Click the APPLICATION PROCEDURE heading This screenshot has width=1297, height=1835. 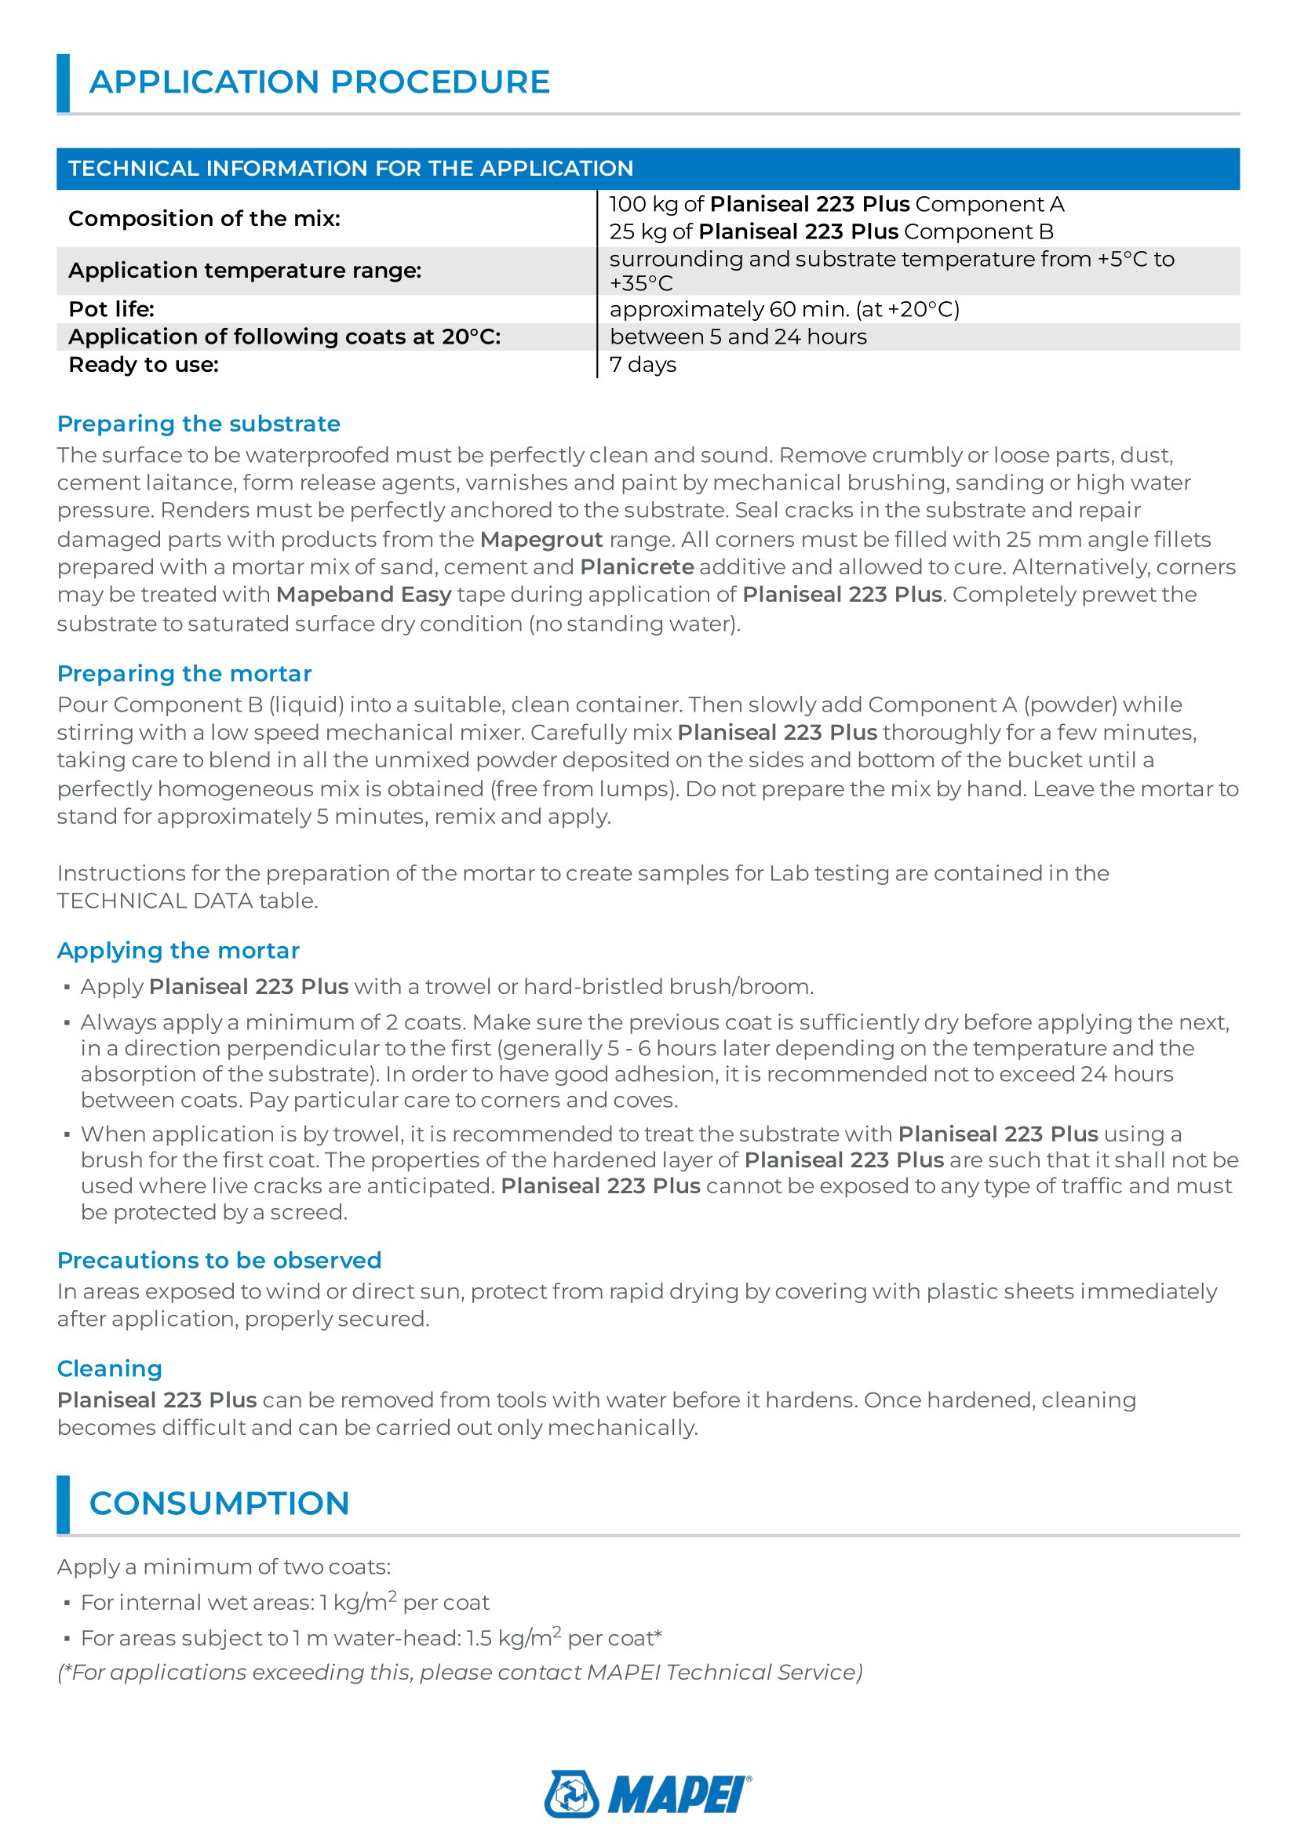[x=319, y=82]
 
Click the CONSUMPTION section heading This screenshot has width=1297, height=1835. [x=219, y=1503]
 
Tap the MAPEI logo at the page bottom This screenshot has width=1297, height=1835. [x=647, y=1793]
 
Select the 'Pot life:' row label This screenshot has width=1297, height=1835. [x=111, y=309]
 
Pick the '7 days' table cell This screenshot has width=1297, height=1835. [x=643, y=365]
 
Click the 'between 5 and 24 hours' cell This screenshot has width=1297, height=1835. [x=738, y=337]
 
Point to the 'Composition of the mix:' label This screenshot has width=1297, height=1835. [x=204, y=218]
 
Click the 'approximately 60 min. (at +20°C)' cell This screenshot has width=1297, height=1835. [x=784, y=309]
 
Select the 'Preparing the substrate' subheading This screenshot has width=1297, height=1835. [x=199, y=424]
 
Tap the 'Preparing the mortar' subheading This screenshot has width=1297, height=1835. [x=184, y=674]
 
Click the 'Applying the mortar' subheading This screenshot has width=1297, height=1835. [x=178, y=950]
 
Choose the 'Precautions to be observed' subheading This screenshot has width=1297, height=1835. [x=219, y=1261]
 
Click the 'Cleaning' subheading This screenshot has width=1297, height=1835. [x=110, y=1369]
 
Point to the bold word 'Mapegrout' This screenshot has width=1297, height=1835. [x=541, y=540]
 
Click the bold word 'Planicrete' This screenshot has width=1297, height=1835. [x=636, y=566]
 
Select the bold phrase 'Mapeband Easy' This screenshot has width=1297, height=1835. [x=363, y=595]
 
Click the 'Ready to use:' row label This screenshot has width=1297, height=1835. [x=143, y=365]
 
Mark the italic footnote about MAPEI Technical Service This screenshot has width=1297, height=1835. [x=460, y=1672]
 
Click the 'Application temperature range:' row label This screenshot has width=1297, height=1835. [x=245, y=270]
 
